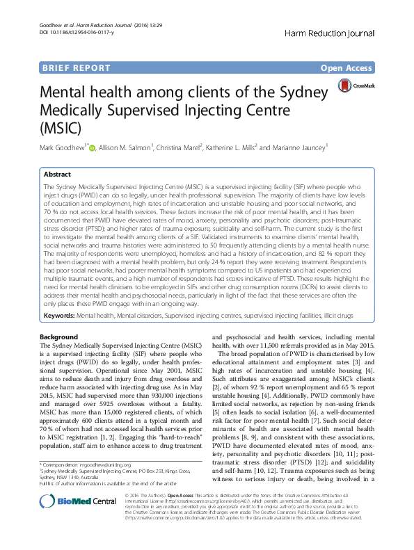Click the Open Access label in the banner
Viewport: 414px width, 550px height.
[346, 68]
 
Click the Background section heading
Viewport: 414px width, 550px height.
[59, 337]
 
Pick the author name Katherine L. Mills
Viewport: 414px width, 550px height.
[233, 147]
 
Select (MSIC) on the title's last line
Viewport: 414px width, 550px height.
[61, 128]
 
